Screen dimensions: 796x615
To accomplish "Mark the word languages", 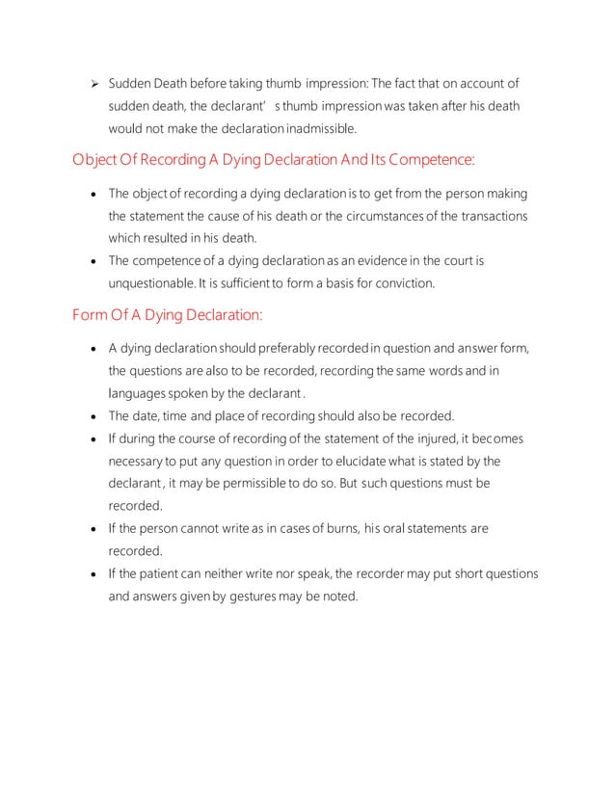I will pos(139,393).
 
